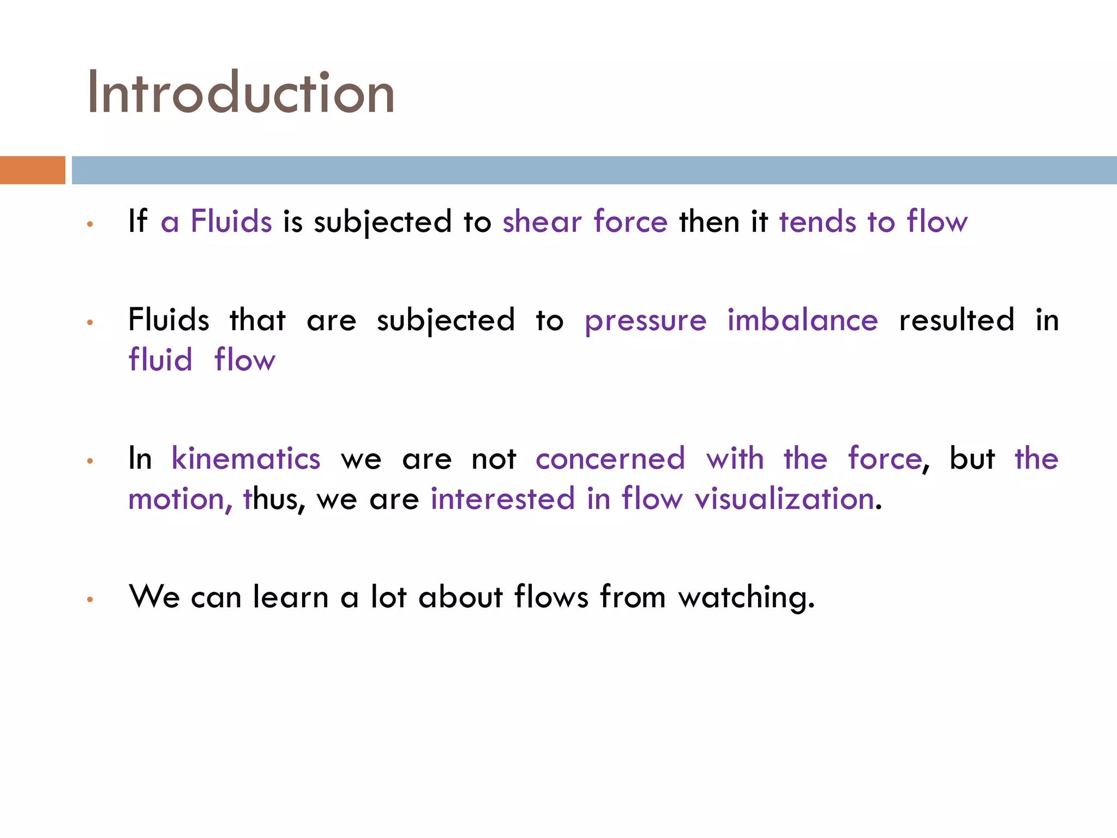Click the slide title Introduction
point(241,93)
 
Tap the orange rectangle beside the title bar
point(32,170)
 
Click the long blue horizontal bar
point(594,170)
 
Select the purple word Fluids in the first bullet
point(231,222)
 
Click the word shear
point(542,222)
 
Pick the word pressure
point(645,321)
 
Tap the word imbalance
point(802,320)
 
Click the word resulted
point(957,320)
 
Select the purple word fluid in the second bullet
point(160,360)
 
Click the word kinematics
point(246,458)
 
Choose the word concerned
point(610,458)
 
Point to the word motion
point(176,499)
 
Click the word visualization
point(784,499)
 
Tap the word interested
point(502,499)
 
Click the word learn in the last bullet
point(291,597)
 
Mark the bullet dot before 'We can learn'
point(90,600)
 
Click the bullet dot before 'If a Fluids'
point(90,224)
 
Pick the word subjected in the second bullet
point(446,321)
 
